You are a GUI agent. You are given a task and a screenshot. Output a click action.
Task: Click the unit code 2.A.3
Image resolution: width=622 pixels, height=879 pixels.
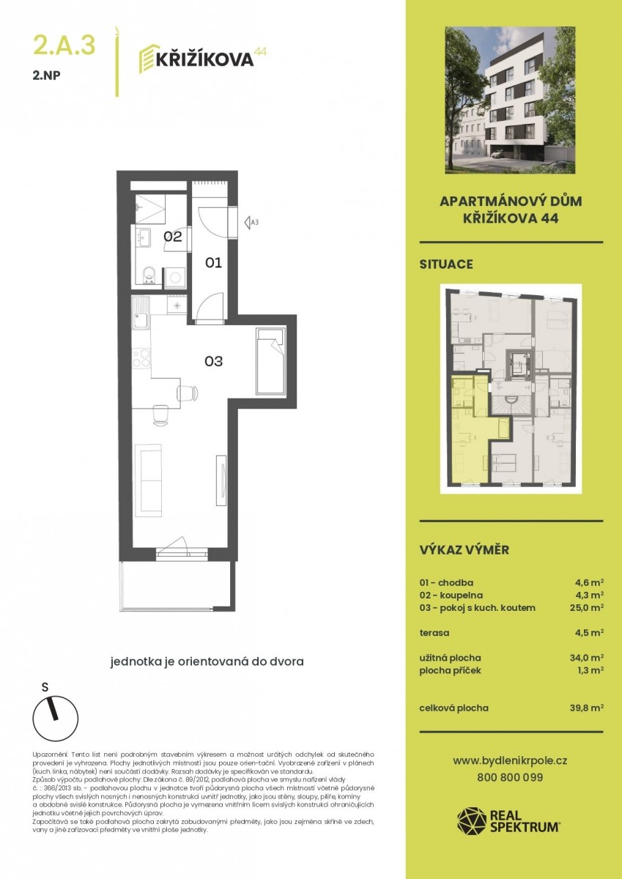[64, 45]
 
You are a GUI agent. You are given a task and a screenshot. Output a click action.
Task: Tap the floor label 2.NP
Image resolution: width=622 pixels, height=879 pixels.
[47, 75]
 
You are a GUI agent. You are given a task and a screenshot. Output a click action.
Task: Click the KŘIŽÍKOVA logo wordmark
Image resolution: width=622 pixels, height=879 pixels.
[204, 59]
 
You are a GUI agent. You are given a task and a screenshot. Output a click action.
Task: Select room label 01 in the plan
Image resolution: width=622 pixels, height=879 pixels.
[213, 262]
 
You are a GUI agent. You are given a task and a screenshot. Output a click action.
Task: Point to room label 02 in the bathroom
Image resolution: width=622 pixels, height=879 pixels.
[173, 237]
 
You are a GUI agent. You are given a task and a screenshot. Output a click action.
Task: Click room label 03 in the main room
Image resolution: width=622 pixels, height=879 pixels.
[213, 361]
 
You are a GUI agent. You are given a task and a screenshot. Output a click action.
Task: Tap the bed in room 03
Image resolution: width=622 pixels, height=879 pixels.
[270, 361]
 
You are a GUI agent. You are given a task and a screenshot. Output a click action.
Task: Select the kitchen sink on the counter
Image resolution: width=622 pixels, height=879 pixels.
[141, 313]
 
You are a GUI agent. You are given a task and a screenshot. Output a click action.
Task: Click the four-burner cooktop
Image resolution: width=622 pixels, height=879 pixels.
[141, 358]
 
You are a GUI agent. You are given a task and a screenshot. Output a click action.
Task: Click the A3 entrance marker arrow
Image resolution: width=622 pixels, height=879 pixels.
[247, 223]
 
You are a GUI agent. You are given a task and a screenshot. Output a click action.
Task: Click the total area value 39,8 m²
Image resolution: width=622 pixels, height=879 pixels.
[586, 708]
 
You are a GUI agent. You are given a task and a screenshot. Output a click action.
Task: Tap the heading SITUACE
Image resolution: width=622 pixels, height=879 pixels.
[446, 264]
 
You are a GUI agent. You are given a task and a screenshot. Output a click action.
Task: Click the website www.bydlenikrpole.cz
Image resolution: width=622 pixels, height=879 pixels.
[510, 761]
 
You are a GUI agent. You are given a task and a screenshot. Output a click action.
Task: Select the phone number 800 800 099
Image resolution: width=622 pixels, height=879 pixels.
[510, 778]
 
